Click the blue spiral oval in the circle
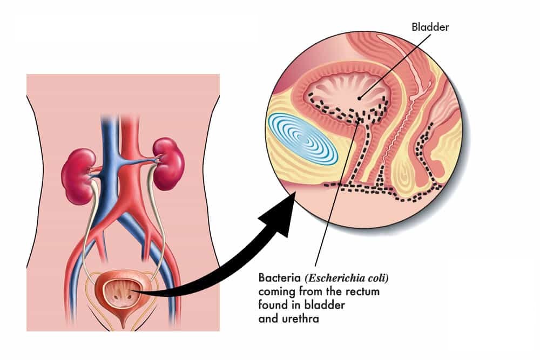pos(302,139)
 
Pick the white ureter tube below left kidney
pos(87,227)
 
